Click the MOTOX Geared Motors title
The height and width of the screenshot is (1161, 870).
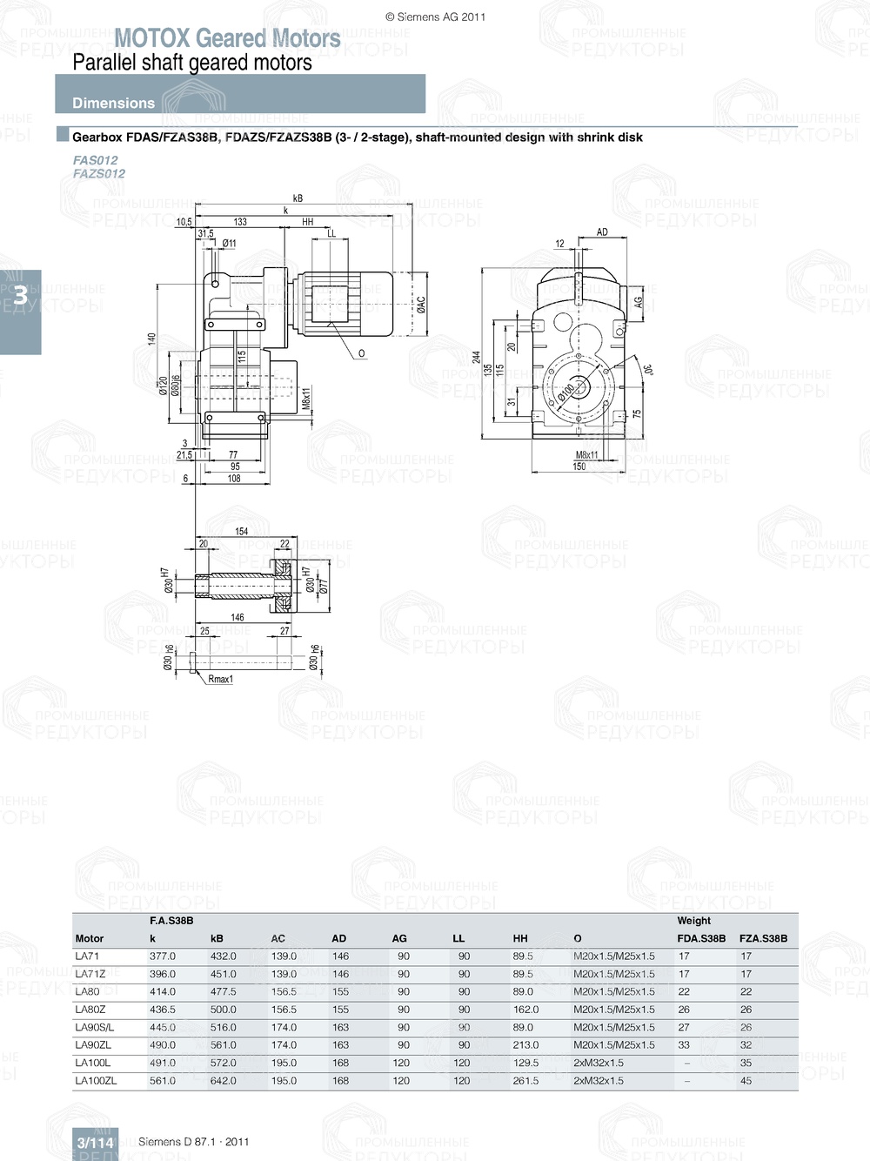click(x=227, y=38)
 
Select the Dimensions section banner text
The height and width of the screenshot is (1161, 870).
click(x=113, y=103)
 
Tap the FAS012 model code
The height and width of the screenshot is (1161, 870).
click(x=95, y=160)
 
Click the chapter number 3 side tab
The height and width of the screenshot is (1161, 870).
click(x=20, y=296)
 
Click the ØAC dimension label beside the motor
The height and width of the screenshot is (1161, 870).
click(x=421, y=304)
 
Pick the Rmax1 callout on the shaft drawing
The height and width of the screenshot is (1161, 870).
click(x=221, y=679)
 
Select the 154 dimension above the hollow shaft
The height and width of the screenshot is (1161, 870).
click(x=241, y=531)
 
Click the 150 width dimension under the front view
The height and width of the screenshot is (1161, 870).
click(x=579, y=466)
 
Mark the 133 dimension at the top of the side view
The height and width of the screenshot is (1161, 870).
click(x=240, y=222)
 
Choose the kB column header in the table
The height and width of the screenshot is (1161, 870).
click(x=217, y=938)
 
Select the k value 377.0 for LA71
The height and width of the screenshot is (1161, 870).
click(x=162, y=956)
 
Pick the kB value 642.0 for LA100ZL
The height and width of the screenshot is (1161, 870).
click(x=223, y=1080)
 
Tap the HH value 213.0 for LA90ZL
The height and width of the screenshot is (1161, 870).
click(x=525, y=1044)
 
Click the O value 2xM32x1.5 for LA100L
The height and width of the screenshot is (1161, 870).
click(x=598, y=1063)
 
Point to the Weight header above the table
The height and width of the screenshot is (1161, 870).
click(x=693, y=920)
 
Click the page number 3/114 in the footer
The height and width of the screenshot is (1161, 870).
click(x=95, y=1143)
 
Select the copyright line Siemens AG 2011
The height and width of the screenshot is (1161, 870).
click(x=435, y=17)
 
